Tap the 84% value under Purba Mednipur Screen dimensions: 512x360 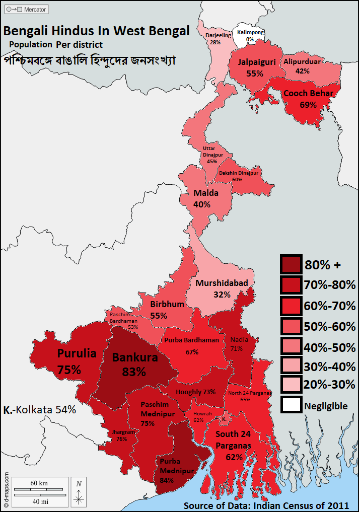(x=166, y=480)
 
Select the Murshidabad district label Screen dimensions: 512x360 (x=222, y=283)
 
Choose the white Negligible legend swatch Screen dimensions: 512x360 (x=291, y=405)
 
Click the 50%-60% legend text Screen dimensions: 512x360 (x=330, y=326)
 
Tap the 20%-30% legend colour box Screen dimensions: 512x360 (x=291, y=385)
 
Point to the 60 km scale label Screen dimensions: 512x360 (x=39, y=483)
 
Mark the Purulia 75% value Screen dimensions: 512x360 (x=69, y=370)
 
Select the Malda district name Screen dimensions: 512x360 (x=206, y=193)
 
